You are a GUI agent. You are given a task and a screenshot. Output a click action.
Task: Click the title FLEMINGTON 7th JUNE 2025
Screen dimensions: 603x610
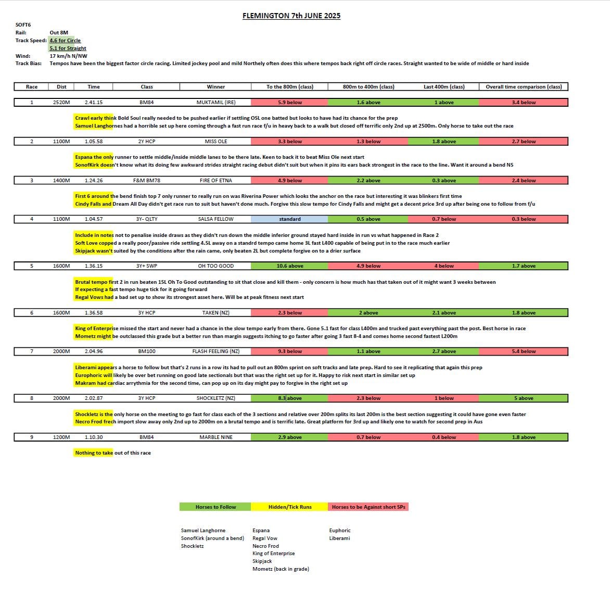tap(291, 16)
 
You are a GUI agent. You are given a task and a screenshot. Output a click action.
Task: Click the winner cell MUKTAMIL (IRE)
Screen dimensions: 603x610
tap(215, 103)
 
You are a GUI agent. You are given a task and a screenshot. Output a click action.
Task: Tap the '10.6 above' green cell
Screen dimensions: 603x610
tap(289, 266)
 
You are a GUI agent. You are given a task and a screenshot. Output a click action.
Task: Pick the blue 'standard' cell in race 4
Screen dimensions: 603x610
tap(289, 219)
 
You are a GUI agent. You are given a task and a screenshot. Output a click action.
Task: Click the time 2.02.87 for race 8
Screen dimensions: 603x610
tap(94, 398)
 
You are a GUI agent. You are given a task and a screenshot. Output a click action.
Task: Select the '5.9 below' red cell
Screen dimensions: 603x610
tap(289, 103)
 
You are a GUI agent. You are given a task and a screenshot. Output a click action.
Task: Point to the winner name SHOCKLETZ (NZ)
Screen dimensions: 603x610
tap(215, 398)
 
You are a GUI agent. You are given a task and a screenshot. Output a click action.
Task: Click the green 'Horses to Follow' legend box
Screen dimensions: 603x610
tap(215, 507)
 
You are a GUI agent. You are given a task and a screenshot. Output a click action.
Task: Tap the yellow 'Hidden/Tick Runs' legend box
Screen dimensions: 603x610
tap(290, 507)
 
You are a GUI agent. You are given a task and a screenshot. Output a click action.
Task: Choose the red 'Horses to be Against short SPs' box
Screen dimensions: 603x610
tap(368, 507)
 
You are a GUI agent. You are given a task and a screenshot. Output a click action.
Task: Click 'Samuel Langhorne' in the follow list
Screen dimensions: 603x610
tap(203, 531)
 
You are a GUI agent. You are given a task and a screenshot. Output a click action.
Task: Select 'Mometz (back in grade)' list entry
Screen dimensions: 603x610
tap(281, 569)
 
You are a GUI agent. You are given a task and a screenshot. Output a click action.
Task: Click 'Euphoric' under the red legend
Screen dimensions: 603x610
tap(339, 531)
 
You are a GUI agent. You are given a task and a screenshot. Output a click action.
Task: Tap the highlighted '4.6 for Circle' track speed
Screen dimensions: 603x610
tap(65, 41)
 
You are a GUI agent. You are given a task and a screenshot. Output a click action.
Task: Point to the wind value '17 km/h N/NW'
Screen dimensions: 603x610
tap(68, 56)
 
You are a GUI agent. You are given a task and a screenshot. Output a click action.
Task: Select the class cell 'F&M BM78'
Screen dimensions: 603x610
tap(146, 181)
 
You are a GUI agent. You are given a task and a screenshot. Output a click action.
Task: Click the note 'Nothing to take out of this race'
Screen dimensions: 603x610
tap(113, 453)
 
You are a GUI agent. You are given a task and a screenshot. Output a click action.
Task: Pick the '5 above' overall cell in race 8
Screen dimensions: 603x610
tap(523, 398)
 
